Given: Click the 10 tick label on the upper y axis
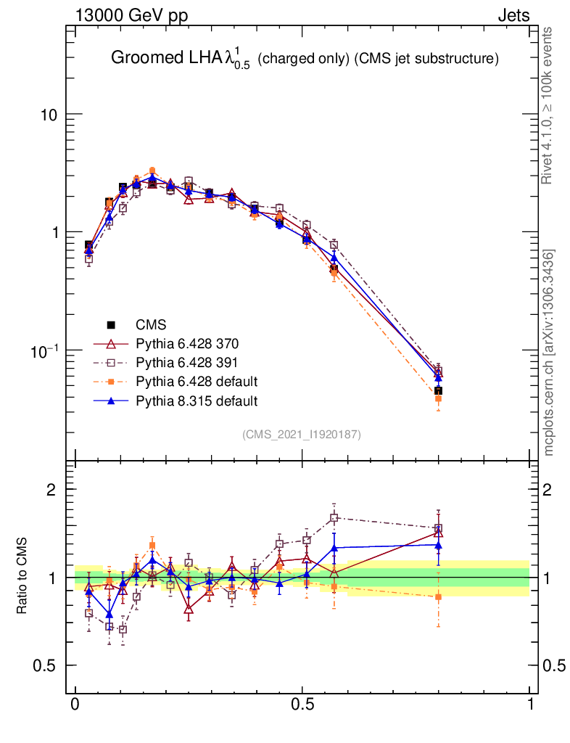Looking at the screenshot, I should tap(49, 115).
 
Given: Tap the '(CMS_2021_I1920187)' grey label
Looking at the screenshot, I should tap(301, 434).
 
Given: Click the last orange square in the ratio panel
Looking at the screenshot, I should tap(438, 596).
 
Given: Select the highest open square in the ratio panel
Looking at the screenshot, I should tap(334, 517).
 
